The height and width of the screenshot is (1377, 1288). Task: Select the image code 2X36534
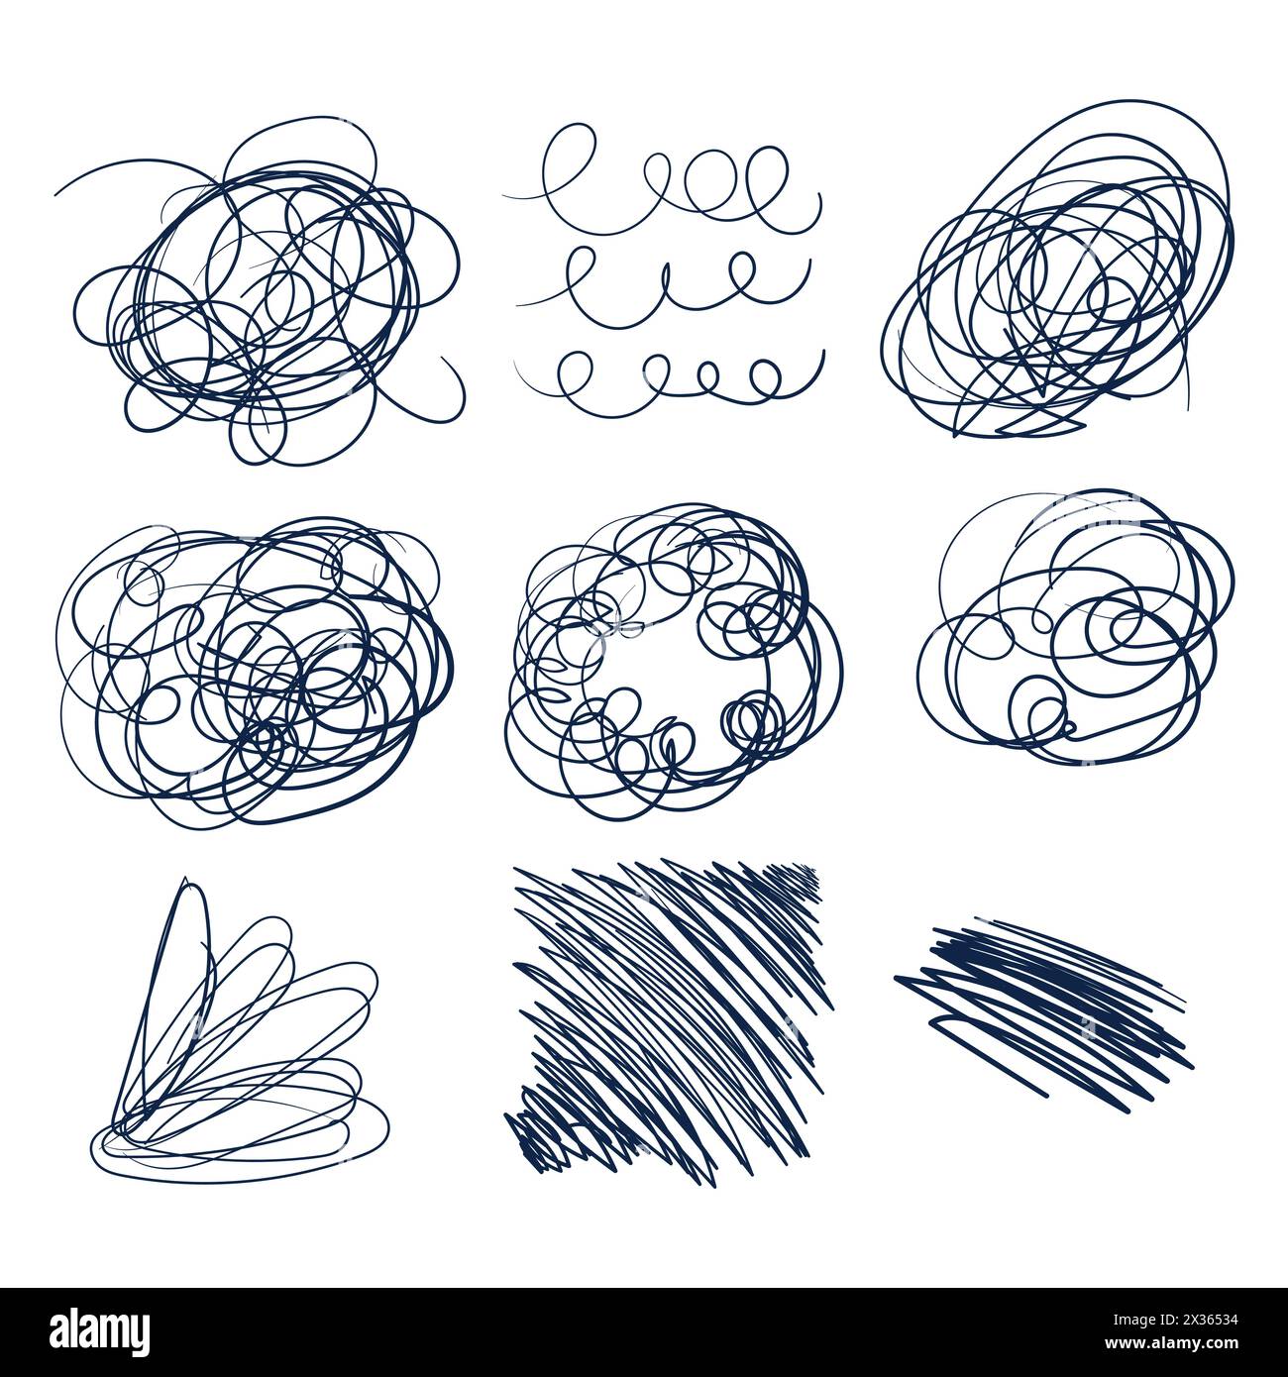pyautogui.click(x=1193, y=1321)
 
